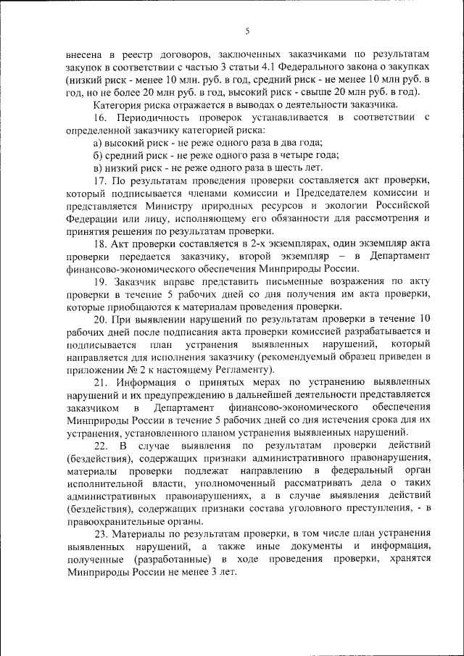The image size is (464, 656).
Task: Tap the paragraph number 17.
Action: pos(99,180)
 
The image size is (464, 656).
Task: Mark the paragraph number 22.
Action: pos(100,444)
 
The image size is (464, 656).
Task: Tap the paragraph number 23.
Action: pos(100,533)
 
